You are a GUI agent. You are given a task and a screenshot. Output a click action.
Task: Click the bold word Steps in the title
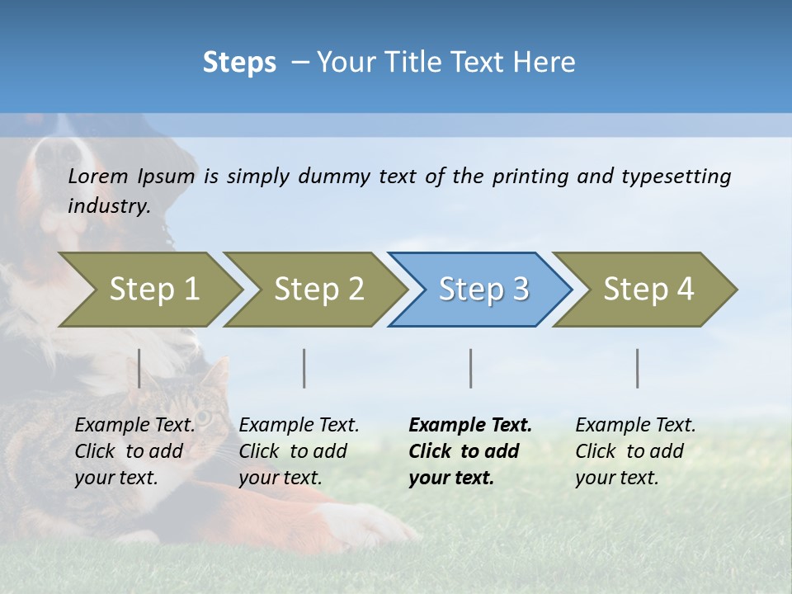point(239,63)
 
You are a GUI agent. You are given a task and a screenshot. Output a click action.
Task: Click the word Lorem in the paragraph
point(98,176)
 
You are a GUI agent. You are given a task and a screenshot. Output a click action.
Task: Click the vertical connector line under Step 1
point(139,368)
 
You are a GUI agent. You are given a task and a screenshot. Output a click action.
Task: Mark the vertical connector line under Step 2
point(304,368)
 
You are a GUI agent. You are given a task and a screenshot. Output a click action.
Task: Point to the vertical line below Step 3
point(471,368)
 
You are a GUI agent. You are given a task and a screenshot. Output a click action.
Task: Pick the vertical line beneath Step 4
point(638,368)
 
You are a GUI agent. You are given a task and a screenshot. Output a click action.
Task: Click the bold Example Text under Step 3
point(470,426)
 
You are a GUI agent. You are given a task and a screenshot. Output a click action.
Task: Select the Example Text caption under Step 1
point(134,426)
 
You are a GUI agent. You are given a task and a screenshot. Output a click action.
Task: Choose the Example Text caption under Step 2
point(299,426)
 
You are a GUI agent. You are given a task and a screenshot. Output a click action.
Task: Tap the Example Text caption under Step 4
point(635,426)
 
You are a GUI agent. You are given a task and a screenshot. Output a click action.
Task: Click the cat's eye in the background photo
point(203,417)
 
